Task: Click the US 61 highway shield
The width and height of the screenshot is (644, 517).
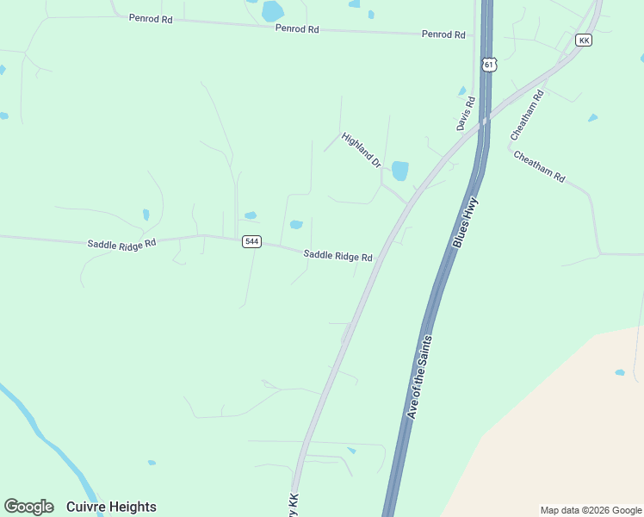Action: click(489, 65)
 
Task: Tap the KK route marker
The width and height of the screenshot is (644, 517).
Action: click(584, 40)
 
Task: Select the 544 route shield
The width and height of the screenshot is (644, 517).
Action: click(251, 241)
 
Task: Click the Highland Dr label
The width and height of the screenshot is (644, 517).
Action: click(361, 150)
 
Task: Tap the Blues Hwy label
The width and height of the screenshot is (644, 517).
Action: click(465, 223)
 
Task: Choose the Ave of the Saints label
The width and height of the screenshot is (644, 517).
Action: click(419, 377)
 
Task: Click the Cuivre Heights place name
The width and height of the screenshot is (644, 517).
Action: click(111, 507)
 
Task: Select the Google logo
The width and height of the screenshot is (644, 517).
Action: click(28, 507)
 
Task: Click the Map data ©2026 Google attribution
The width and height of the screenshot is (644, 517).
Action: click(591, 510)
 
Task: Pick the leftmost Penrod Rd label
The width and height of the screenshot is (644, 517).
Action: click(151, 18)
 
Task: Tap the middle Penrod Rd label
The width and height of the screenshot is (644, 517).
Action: click(297, 28)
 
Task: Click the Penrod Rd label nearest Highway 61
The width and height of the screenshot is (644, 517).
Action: click(443, 34)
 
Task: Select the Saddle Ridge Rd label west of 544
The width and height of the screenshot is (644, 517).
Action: click(121, 244)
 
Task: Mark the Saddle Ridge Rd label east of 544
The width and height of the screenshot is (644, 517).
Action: click(337, 256)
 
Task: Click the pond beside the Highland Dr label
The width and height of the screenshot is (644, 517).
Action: click(399, 171)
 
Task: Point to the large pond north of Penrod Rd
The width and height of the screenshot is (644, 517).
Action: click(273, 11)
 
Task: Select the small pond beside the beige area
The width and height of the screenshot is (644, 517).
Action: click(620, 372)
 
